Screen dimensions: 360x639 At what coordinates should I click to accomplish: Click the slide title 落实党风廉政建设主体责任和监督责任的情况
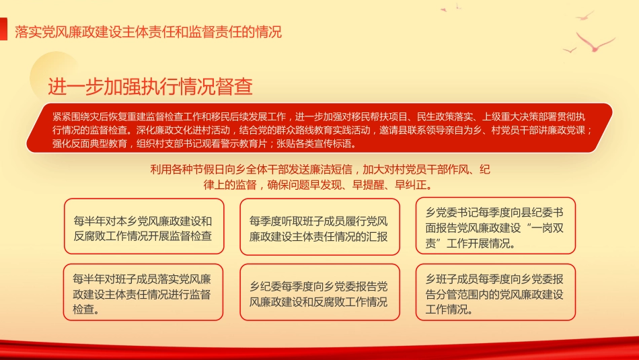coord(148,32)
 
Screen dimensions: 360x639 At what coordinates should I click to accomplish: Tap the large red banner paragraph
coord(319,128)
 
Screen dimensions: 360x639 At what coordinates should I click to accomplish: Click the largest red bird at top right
coord(595,44)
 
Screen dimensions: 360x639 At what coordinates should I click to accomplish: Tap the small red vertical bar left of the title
coord(8,32)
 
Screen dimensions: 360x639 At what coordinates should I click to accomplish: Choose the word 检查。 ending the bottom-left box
coord(88,310)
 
